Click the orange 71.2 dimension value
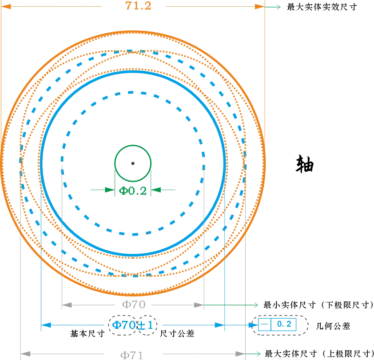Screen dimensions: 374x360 coord(138,6)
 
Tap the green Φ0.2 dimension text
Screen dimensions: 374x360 coord(133,191)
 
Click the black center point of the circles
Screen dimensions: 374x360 coord(133,163)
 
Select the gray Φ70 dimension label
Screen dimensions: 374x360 coord(134,304)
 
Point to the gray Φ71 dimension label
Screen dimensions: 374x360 coord(132,355)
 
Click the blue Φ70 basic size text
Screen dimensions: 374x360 coord(124,325)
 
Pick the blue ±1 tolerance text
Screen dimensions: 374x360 coord(145,325)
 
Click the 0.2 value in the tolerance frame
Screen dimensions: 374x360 coord(284,324)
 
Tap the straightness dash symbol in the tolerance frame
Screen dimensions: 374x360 coord(264,324)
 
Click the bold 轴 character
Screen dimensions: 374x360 coord(305,164)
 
